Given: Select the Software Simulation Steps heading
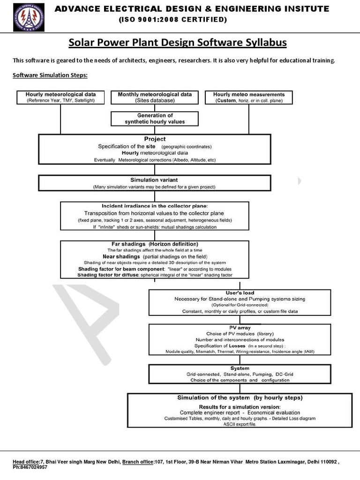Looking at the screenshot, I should point(50,75).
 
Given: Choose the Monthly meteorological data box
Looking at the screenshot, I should point(155,97).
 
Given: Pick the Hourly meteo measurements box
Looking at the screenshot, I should point(249,97).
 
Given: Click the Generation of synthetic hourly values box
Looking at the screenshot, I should point(155,118).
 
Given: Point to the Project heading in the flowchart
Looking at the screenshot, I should point(155,139).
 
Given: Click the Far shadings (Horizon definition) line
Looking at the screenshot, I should point(154,244).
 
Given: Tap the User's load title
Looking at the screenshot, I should point(240,292).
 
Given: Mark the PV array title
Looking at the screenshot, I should point(240,328).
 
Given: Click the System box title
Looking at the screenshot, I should point(240,368).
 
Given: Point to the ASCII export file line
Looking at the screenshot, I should point(240,423).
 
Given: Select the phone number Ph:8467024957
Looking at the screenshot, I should point(30,467).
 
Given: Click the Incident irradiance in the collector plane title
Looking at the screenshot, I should point(154,206).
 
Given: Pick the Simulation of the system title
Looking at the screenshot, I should point(240,397).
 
